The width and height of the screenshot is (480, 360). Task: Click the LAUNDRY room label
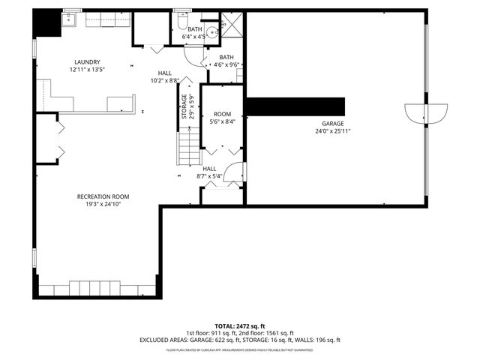pyautogui.click(x=87, y=62)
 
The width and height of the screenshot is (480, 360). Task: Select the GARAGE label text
pyautogui.click(x=334, y=123)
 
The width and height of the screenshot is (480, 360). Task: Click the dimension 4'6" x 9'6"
pyautogui.click(x=226, y=64)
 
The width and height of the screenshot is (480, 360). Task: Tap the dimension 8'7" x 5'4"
pyautogui.click(x=210, y=177)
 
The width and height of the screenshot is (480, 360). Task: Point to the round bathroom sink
pyautogui.click(x=211, y=31)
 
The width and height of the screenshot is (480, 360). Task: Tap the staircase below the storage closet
pyautogui.click(x=188, y=145)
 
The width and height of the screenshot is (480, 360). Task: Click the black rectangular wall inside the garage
pyautogui.click(x=295, y=106)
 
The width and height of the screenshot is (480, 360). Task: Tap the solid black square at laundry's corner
pyautogui.click(x=46, y=24)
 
